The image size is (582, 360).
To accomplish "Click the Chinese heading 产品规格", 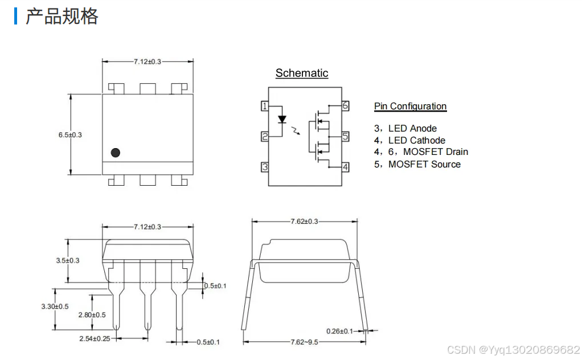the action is (62, 17).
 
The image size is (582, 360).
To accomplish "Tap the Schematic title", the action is (302, 73).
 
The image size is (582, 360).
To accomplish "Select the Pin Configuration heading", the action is (410, 106).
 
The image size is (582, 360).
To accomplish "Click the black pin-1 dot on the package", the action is (116, 153).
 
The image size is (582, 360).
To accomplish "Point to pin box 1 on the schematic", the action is (265, 106).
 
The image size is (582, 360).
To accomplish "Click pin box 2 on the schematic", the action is (265, 137).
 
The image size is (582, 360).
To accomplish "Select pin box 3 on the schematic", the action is (265, 167).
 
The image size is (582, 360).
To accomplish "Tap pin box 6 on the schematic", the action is (345, 106).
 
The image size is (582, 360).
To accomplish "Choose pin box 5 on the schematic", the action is (345, 137).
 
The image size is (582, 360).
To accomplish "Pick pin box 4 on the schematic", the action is (345, 167).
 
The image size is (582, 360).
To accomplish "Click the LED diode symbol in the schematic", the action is (282, 120).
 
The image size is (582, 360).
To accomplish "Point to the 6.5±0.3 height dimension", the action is (70, 135).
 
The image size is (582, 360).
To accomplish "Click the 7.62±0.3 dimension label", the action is (304, 222).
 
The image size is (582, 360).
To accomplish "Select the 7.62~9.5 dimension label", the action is (304, 342).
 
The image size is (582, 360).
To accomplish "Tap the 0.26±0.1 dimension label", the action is (339, 331).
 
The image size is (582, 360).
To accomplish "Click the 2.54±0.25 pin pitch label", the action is (95, 339).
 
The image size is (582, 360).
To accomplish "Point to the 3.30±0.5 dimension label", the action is (55, 306).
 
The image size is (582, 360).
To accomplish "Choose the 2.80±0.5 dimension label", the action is (92, 315).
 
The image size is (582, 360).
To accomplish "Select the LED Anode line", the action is (405, 128).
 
